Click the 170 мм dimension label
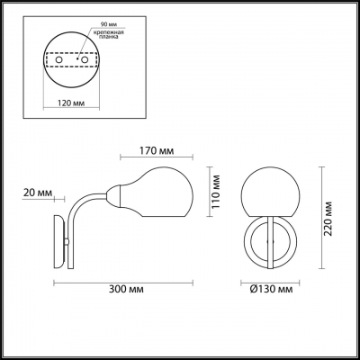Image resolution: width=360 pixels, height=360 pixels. tap(157, 150)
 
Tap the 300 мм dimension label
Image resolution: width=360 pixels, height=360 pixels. tap(126, 289)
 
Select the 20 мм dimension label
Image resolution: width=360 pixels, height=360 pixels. tap(38, 193)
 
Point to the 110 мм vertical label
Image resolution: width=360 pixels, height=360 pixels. tap(215, 192)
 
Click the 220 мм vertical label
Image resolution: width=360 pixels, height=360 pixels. tap(328, 219)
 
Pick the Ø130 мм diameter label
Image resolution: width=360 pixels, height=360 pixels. tap(271, 289)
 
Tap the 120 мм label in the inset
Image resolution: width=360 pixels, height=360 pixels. tap(71, 103)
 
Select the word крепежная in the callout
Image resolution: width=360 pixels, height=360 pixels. tap(108, 32)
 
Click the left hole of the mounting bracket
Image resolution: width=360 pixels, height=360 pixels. tap(59, 59)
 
